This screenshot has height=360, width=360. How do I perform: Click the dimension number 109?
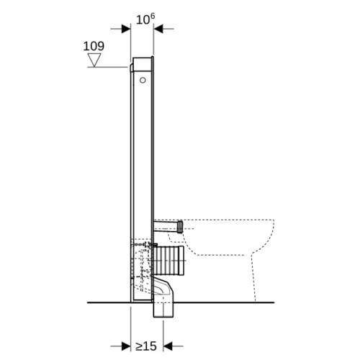94,46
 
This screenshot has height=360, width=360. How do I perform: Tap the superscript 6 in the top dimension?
152,17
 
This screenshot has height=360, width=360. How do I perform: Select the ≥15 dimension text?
146,346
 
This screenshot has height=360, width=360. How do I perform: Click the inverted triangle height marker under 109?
94,60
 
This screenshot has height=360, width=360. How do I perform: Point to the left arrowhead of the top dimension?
126,29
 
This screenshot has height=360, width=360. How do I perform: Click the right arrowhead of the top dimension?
158,29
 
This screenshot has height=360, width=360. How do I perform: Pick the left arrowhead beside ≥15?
126,346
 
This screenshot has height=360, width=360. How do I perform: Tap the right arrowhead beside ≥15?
168,346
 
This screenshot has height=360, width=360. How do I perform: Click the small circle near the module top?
143,80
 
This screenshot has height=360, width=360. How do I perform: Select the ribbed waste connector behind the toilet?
168,260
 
